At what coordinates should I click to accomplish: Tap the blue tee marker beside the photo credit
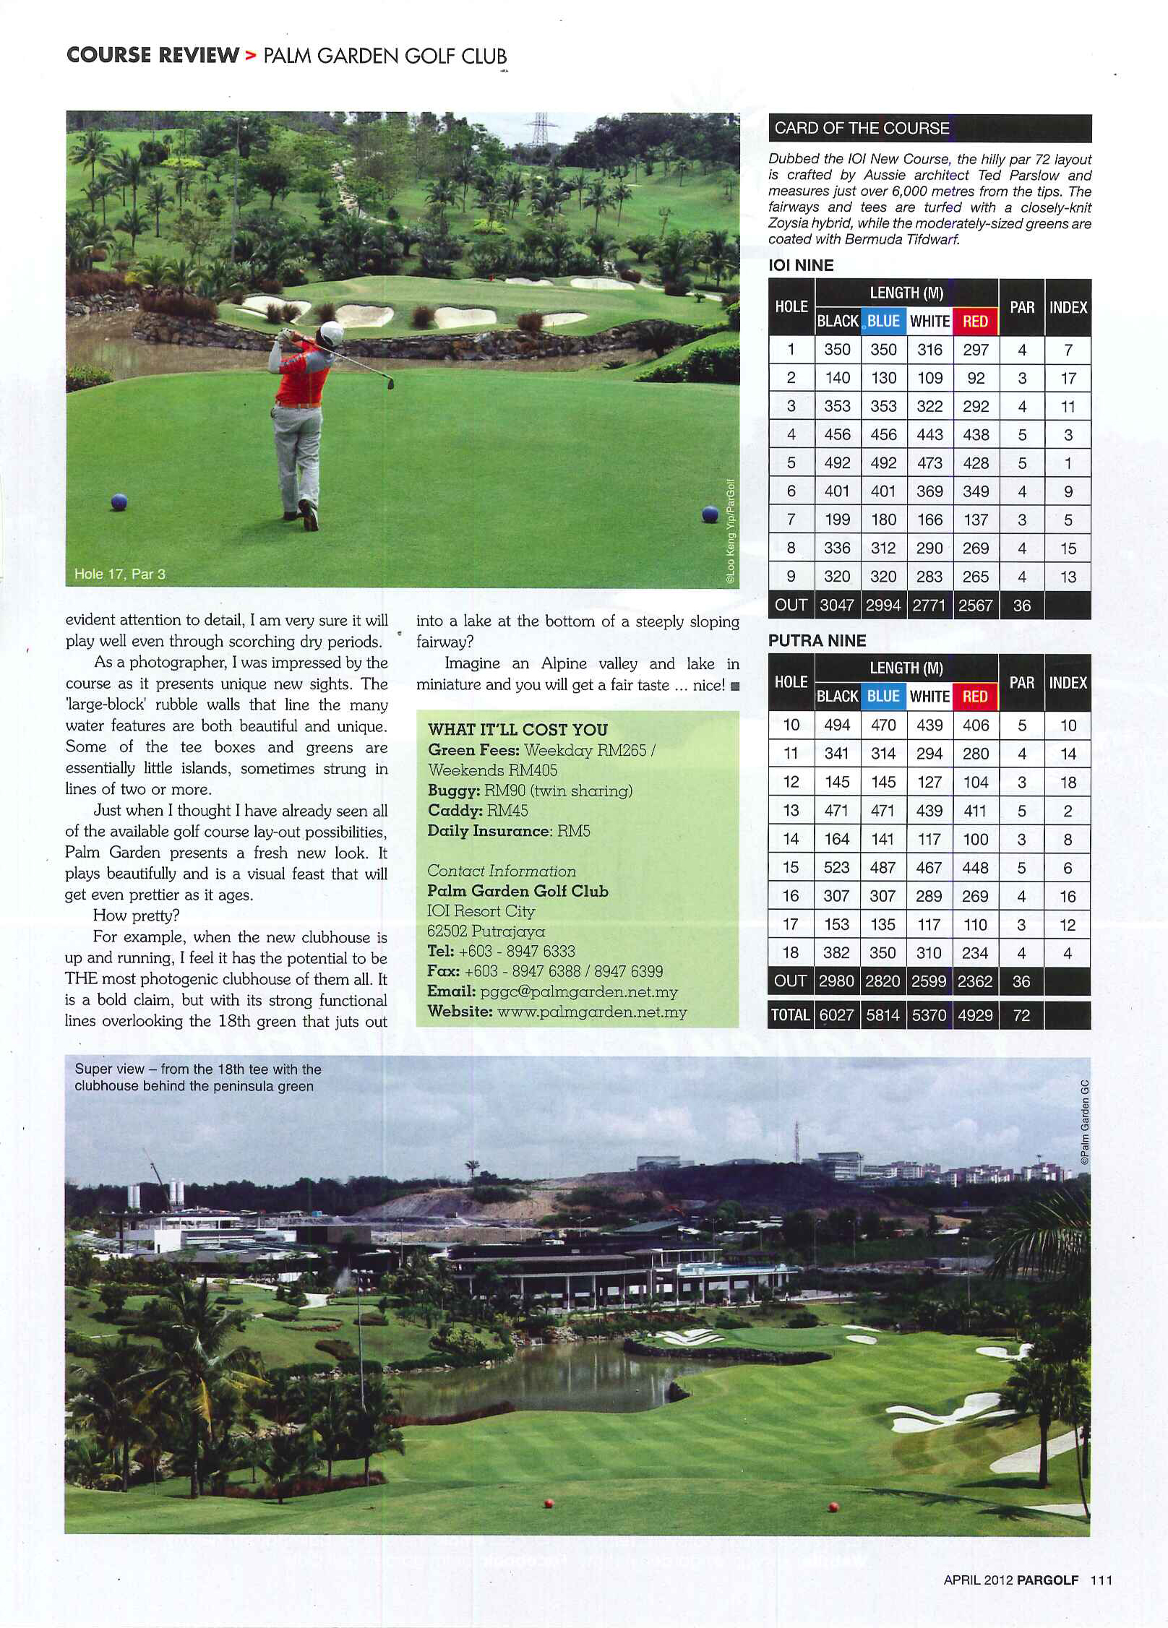(710, 514)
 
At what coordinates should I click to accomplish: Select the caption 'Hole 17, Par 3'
(120, 574)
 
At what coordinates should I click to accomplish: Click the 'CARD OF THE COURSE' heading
(862, 128)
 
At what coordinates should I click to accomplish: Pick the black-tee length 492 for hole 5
(837, 462)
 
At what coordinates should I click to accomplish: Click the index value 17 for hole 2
(1068, 378)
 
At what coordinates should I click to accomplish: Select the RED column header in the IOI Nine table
(975, 322)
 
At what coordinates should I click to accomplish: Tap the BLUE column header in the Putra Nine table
(883, 697)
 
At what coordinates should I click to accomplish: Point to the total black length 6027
(836, 1015)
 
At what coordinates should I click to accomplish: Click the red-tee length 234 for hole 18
(975, 953)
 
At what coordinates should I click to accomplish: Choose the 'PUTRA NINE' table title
(817, 640)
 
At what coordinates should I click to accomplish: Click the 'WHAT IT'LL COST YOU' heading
(518, 729)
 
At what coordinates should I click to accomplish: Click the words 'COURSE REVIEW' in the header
(153, 56)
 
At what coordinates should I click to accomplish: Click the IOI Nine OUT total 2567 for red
(975, 606)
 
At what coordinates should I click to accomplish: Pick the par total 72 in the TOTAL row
(1021, 1015)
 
